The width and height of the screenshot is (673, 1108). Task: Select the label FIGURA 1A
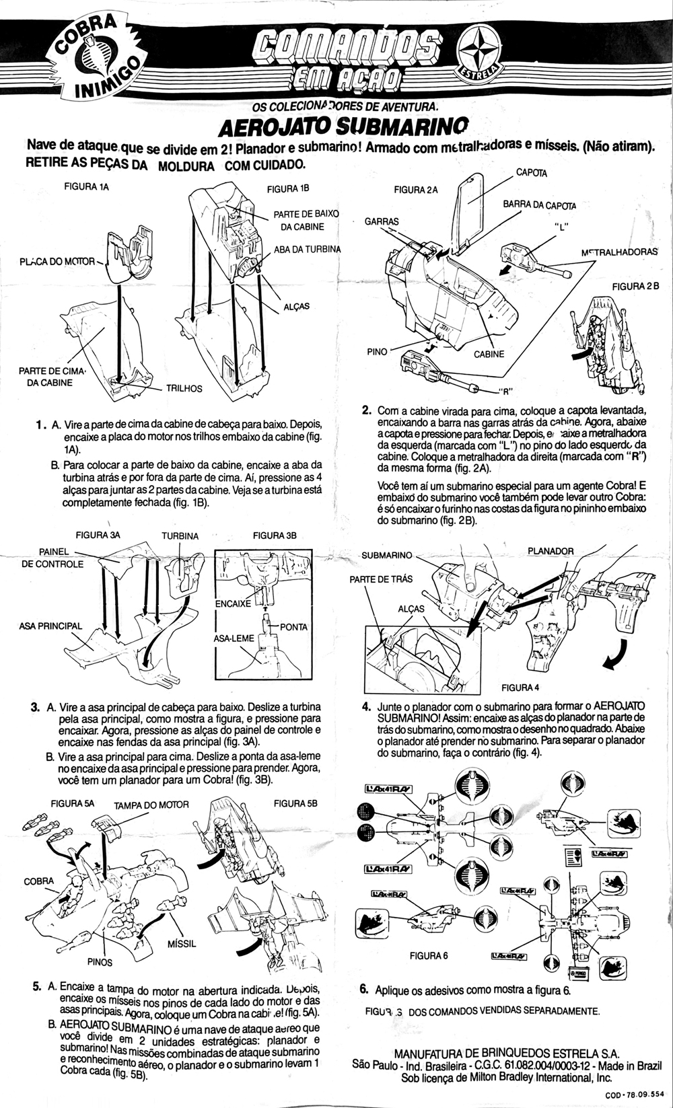coord(86,187)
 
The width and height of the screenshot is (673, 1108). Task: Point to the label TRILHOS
coord(184,388)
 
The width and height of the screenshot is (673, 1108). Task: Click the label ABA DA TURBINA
coord(308,249)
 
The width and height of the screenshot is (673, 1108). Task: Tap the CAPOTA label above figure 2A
coord(531,173)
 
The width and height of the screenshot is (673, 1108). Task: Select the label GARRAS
coord(382,221)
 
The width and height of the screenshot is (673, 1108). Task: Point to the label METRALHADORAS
coord(619,252)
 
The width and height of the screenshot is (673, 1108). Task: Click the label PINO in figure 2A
coord(377,351)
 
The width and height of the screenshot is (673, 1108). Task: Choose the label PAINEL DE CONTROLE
coord(52,558)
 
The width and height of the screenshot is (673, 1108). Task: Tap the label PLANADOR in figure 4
coord(551,551)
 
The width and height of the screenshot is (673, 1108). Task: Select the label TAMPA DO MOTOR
coord(151,805)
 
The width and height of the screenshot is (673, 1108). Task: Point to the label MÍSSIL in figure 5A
coord(181,944)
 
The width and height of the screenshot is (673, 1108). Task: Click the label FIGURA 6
coord(428,955)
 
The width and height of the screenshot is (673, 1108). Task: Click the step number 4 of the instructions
coord(366,706)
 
